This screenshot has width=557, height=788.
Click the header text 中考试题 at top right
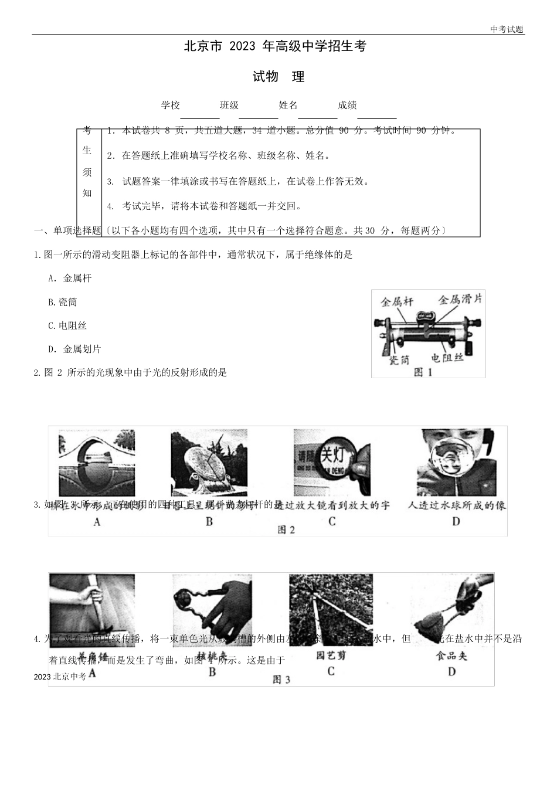click(x=507, y=29)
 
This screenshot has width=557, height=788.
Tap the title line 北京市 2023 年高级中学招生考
click(x=275, y=47)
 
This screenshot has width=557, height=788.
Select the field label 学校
click(x=171, y=105)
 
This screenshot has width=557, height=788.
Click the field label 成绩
click(x=347, y=105)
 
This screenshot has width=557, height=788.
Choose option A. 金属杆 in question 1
click(x=70, y=278)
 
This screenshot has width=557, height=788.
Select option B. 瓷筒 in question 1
click(x=63, y=302)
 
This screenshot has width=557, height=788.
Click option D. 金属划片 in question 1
click(x=75, y=349)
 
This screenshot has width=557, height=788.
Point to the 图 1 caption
click(x=423, y=372)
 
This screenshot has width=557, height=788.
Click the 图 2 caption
click(x=286, y=529)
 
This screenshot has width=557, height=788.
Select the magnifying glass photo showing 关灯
click(x=331, y=463)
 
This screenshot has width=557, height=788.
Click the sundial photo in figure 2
click(x=208, y=463)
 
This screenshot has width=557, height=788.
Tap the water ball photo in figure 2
click(x=456, y=463)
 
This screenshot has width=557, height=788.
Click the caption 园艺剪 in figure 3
click(x=330, y=655)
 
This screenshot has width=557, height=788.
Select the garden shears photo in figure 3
click(x=331, y=610)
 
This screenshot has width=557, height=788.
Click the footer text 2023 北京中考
click(x=60, y=677)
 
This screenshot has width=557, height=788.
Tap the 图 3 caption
click(x=281, y=680)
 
